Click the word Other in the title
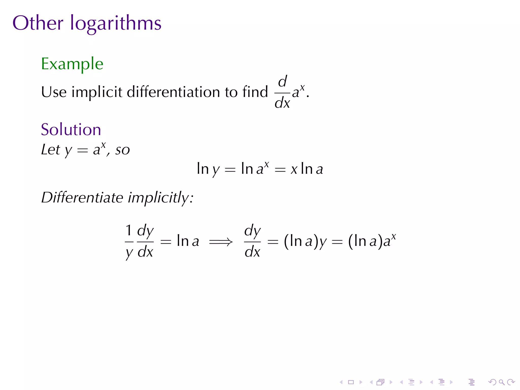(x=38, y=23)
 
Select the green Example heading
(x=72, y=64)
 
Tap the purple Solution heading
(x=71, y=129)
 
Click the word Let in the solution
(x=51, y=150)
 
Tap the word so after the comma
(x=123, y=150)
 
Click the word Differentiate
(x=82, y=197)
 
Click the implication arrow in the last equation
(x=221, y=242)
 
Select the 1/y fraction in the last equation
(x=129, y=241)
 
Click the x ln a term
(x=307, y=169)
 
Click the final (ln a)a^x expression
(x=372, y=241)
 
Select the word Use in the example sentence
(x=54, y=92)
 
